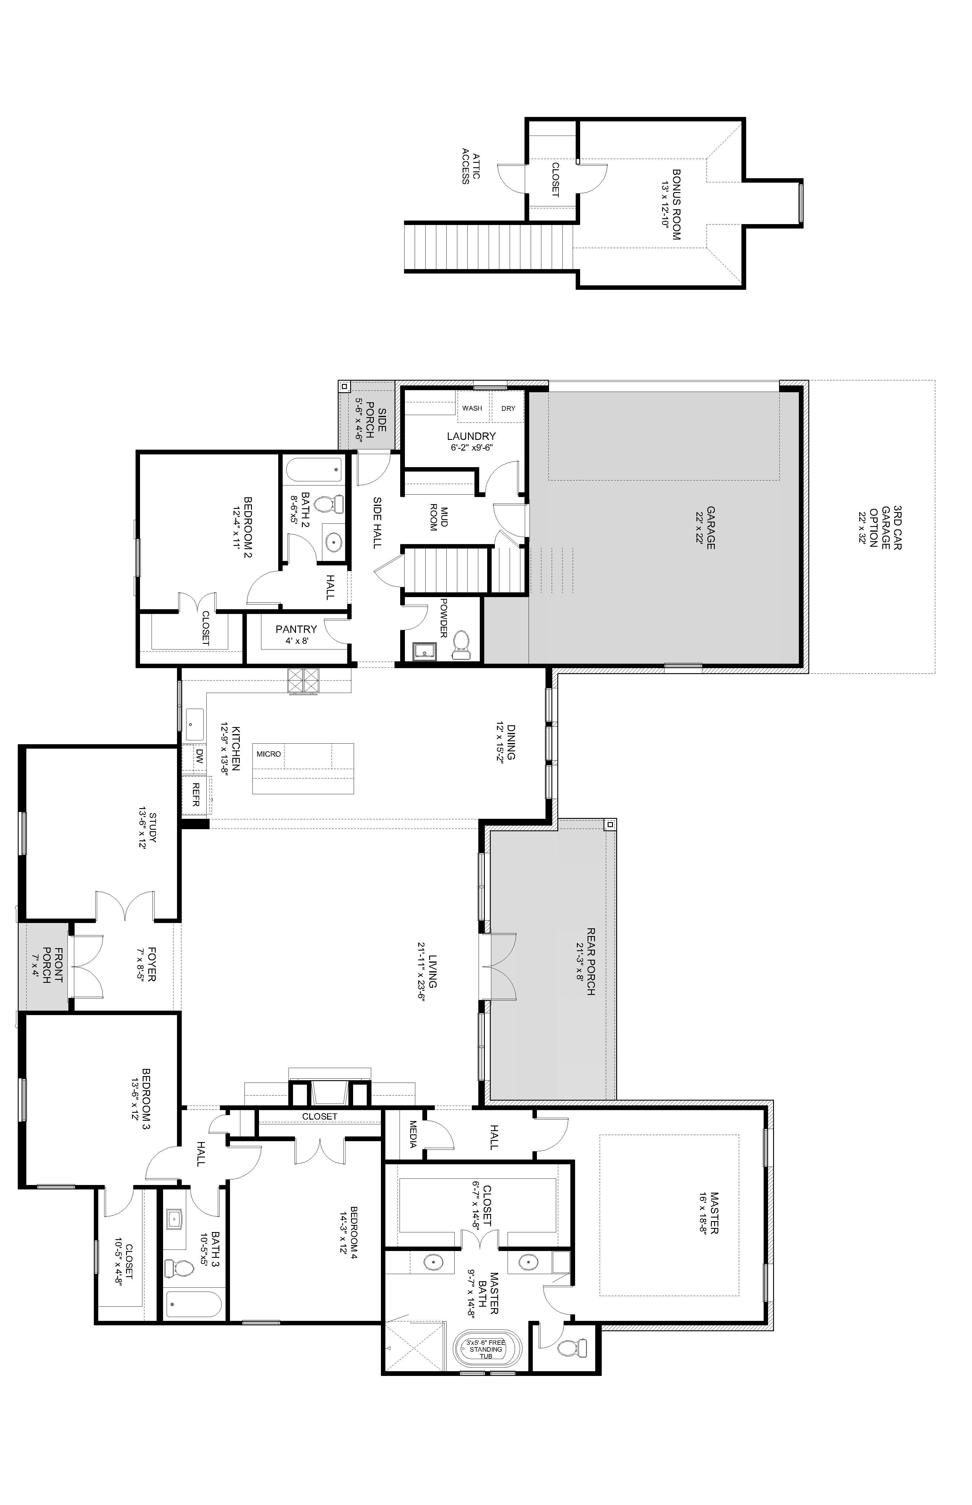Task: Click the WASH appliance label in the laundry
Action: pos(472,409)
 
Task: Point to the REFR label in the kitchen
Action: pos(196,794)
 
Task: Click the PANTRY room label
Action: pos(296,629)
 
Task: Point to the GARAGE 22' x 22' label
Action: pos(706,528)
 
